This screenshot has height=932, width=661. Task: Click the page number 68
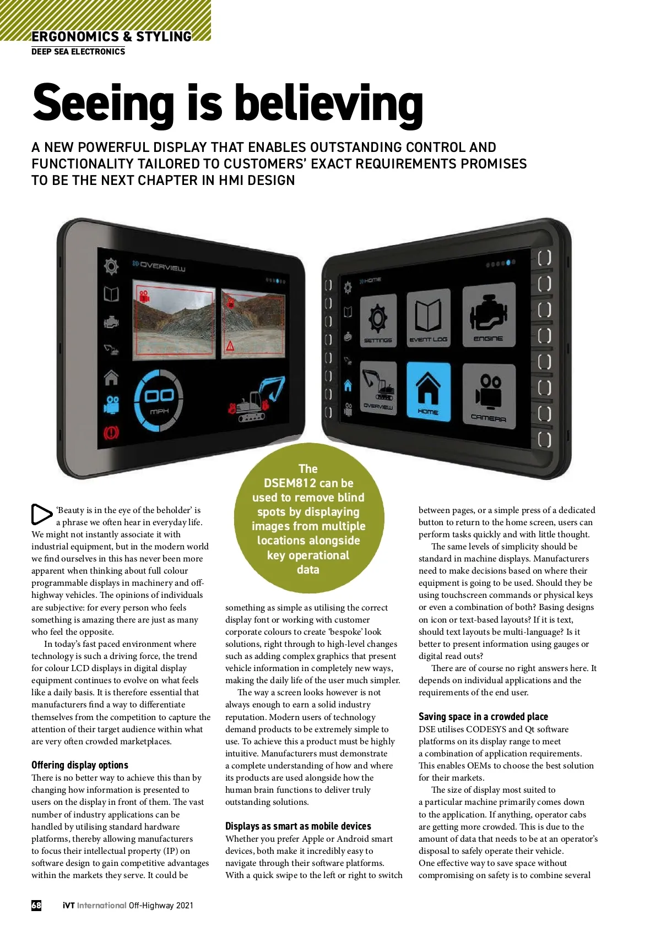36,905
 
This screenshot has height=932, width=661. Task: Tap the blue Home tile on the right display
429,391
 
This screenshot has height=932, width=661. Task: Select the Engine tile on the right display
489,314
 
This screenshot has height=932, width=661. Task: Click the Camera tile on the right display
489,396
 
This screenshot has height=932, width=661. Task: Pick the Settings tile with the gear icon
378,320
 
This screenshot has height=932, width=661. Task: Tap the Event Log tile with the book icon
429,318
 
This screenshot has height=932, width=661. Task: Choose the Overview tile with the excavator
378,388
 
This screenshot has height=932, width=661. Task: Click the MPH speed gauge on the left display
159,400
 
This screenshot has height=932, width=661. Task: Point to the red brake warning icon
111,433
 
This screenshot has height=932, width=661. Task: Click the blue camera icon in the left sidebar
112,404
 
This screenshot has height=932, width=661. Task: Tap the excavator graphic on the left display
256,399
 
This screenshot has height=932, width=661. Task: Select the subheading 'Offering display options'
80,765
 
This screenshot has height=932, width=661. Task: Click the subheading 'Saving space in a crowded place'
483,716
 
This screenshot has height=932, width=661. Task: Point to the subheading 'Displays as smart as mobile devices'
298,826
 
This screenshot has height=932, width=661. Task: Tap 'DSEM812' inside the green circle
290,483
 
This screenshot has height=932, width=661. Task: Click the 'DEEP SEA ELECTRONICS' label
78,52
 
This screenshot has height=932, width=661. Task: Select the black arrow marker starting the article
41,514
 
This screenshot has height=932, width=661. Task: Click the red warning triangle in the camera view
230,346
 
